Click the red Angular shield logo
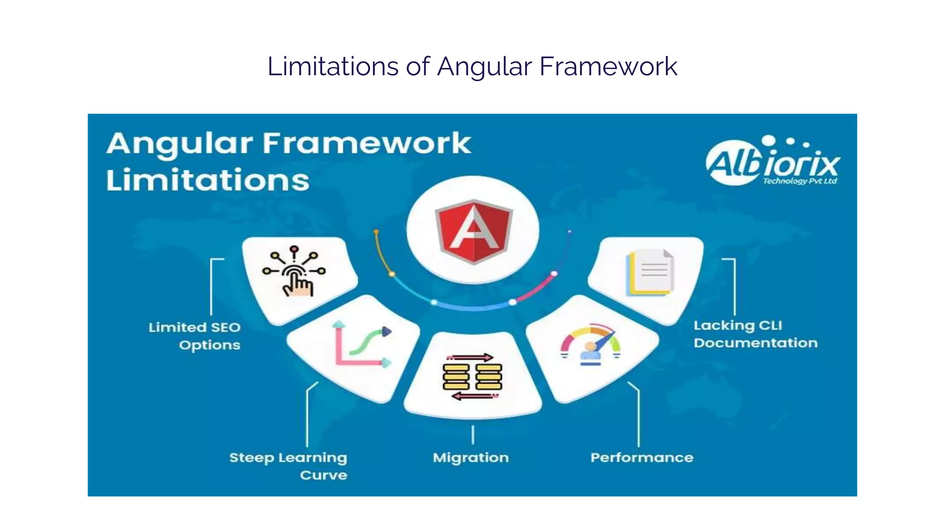473,231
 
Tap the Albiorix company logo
773,162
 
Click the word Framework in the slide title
608,66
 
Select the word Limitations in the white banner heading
208,180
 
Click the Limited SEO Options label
195,336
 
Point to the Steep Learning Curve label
288,465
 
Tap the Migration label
471,457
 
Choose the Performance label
642,457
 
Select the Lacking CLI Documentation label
755,334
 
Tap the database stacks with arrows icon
472,377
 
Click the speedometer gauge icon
591,345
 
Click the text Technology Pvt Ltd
800,181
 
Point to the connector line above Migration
472,435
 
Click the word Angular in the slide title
484,66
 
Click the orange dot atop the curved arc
376,231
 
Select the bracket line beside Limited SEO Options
211,286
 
